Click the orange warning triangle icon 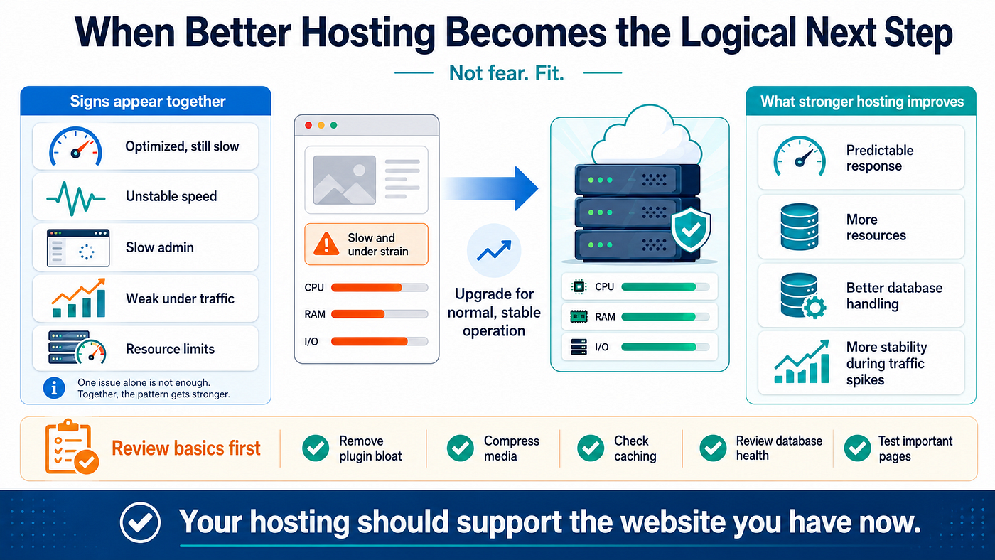[x=326, y=244]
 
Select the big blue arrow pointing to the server [x=490, y=188]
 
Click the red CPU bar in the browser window [x=367, y=287]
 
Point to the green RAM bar [x=658, y=317]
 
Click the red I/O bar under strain [x=369, y=341]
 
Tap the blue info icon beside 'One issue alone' [x=54, y=388]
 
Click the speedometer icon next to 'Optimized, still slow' [x=75, y=146]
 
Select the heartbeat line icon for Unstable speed [x=76, y=198]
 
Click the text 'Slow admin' [x=159, y=247]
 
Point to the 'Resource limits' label [x=170, y=349]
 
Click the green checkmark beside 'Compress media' [x=461, y=448]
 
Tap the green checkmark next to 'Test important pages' [x=857, y=448]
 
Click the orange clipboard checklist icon [x=71, y=447]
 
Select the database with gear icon [x=802, y=296]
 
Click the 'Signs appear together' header [x=148, y=101]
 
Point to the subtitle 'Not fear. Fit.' [x=506, y=72]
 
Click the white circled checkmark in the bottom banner [x=140, y=522]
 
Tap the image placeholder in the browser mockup [x=344, y=180]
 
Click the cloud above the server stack [x=648, y=136]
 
